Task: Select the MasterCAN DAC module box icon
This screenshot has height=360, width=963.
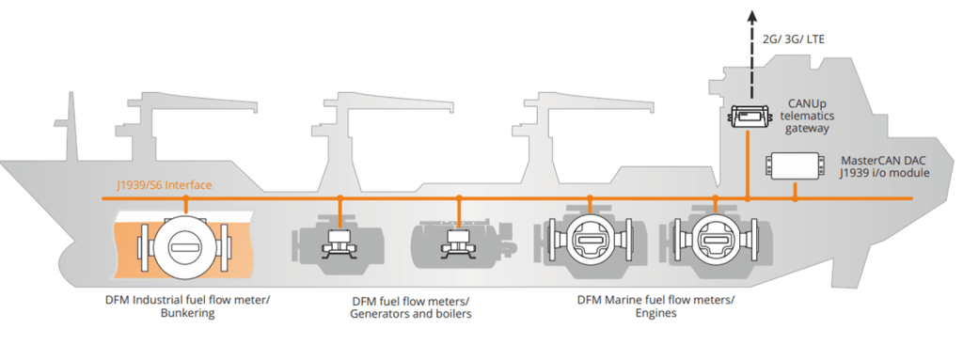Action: [x=793, y=165]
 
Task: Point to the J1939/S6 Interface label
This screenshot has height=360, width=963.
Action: [x=164, y=185]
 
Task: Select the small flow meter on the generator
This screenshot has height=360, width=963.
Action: [x=339, y=240]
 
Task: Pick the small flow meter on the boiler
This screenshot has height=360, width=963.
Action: [x=459, y=240]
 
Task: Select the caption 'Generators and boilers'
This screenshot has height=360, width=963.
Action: [x=411, y=314]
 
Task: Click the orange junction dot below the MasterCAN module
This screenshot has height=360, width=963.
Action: [x=795, y=198]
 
